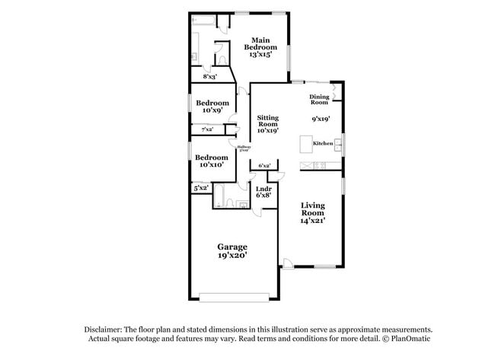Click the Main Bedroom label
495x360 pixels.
[x=261, y=47]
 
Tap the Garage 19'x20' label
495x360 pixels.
[x=232, y=252]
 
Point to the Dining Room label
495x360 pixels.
[x=319, y=99]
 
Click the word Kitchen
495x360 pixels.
[x=323, y=143]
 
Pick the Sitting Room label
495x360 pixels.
[x=267, y=124]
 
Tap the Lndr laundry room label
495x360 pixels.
[x=263, y=192]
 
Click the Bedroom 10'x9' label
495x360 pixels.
[x=212, y=107]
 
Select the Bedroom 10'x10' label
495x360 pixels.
[x=212, y=161]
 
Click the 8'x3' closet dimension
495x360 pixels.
[x=209, y=77]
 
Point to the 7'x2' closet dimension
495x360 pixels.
[x=207, y=129]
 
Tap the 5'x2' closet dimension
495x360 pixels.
[x=201, y=187]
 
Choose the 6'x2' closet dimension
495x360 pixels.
[x=265, y=165]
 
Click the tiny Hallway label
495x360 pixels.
[x=244, y=148]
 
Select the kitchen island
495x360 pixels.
[x=307, y=144]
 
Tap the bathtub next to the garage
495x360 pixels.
[x=219, y=196]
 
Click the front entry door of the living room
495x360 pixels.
[x=288, y=264]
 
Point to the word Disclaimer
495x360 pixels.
[x=105, y=329]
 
